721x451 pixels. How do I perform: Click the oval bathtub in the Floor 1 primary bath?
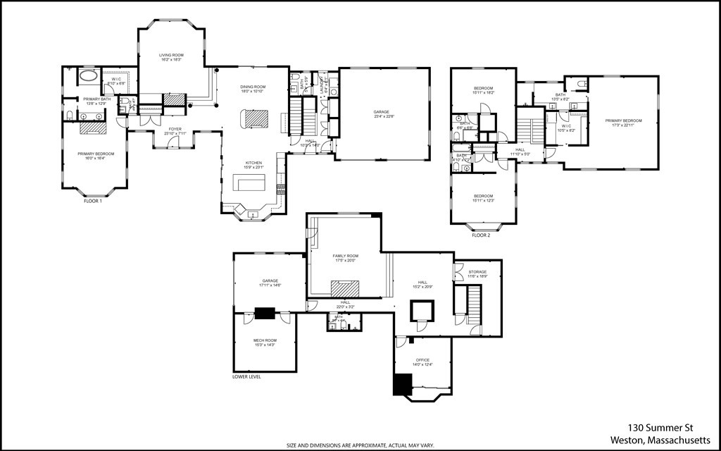pyautogui.click(x=88, y=75)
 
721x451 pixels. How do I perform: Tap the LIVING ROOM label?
pyautogui.click(x=170, y=54)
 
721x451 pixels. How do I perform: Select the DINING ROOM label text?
pyautogui.click(x=253, y=87)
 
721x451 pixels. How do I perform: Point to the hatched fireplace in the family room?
pyautogui.click(x=346, y=288)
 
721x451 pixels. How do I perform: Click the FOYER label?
pyautogui.click(x=174, y=129)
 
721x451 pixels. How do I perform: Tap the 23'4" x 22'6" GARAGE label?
pyautogui.click(x=384, y=112)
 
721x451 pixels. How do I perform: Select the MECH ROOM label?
pyautogui.click(x=264, y=341)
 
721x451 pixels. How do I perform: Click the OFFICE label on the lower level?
pyautogui.click(x=422, y=360)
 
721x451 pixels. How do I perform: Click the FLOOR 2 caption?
pyautogui.click(x=481, y=235)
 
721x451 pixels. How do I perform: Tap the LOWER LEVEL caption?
pyautogui.click(x=246, y=377)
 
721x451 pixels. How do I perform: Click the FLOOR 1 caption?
pyautogui.click(x=93, y=202)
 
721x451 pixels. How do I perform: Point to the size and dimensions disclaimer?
pyautogui.click(x=360, y=445)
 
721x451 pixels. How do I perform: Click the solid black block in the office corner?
pyautogui.click(x=401, y=384)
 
